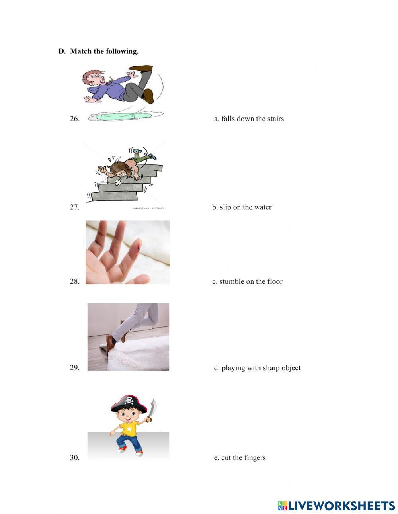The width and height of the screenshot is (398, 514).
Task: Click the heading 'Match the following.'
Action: [x=104, y=51]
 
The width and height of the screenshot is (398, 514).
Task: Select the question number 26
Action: [x=75, y=119]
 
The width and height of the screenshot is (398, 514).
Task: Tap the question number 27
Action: [x=75, y=207]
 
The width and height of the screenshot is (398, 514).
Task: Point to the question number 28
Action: [x=75, y=281]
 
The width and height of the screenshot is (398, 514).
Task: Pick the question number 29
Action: [x=75, y=368]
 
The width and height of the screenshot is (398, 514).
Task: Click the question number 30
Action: [x=75, y=458]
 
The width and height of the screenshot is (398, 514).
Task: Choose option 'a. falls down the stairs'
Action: [x=249, y=119]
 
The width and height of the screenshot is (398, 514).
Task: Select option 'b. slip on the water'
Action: [x=242, y=207]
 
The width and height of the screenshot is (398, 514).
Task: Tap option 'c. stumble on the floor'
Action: [x=247, y=281]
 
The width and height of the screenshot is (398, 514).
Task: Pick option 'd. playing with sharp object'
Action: [x=257, y=368]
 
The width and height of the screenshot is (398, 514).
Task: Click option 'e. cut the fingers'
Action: [x=240, y=458]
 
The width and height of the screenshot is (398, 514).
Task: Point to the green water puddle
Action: [x=125, y=116]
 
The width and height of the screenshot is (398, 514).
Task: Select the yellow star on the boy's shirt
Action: [x=129, y=429]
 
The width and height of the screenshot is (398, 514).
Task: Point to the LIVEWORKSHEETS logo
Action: [x=336, y=506]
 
